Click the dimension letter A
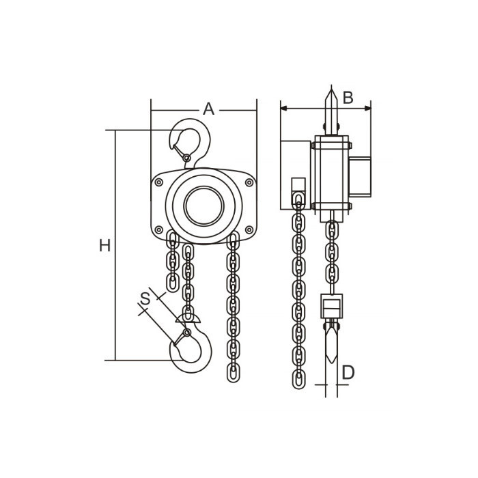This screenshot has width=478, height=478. tap(208, 109)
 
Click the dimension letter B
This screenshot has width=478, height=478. tap(348, 98)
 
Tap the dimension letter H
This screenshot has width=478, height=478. tap(104, 245)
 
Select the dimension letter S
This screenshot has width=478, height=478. tap(145, 299)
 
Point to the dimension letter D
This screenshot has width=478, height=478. tap(348, 373)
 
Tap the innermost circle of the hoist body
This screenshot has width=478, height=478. tap(204, 206)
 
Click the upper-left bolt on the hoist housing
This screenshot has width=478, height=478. tap(159, 182)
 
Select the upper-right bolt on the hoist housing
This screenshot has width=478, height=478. tap(249, 182)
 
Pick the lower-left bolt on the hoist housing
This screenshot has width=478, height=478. tap(159, 229)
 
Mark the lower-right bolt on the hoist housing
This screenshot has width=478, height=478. tap(249, 229)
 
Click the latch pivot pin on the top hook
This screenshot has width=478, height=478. tap(187, 158)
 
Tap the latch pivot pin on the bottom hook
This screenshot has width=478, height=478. tap(187, 333)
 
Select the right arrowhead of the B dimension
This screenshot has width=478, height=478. tap(367, 108)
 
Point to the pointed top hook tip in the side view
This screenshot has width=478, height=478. tap(331, 89)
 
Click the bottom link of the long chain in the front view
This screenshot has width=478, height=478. tap(234, 373)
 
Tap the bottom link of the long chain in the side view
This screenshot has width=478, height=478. tap(299, 380)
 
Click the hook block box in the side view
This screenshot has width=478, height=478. tap(332, 306)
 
